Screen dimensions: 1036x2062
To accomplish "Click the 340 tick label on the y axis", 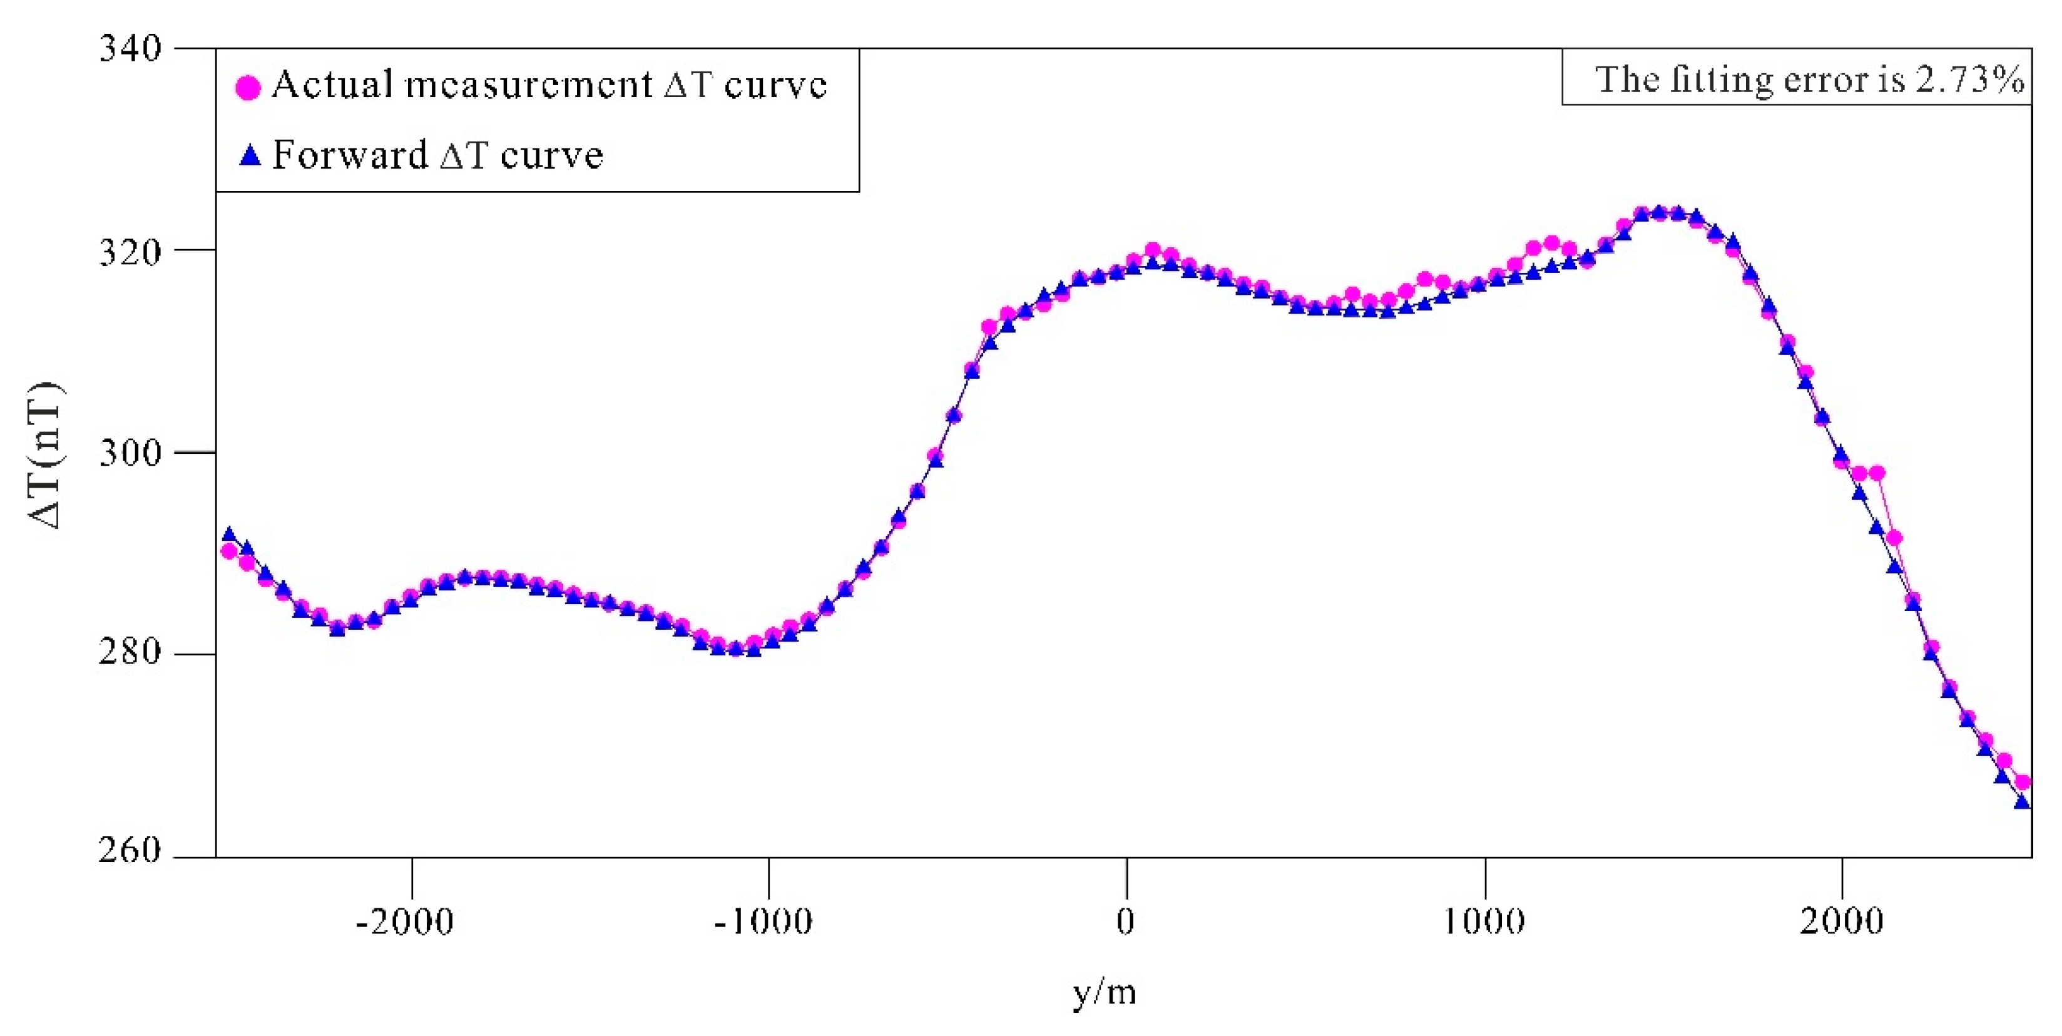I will coord(130,48).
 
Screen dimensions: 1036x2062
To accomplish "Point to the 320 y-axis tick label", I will coord(130,252).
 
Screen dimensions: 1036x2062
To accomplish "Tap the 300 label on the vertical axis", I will coord(130,453).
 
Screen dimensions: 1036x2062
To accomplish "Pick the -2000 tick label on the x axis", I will coord(405,922).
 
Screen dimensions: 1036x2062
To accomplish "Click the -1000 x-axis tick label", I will coord(763,922).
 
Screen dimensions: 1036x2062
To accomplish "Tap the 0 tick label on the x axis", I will coord(1125,922).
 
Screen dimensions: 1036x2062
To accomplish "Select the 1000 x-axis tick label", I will coord(1483,922).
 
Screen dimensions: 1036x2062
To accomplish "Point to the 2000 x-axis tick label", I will coord(1841,922).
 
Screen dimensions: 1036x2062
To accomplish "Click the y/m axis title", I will coord(1104,993).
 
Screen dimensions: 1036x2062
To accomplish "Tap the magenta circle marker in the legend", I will coord(248,86).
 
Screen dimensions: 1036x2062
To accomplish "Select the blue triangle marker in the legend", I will coord(250,155).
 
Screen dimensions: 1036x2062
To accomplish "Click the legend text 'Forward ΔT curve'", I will coord(437,155).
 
